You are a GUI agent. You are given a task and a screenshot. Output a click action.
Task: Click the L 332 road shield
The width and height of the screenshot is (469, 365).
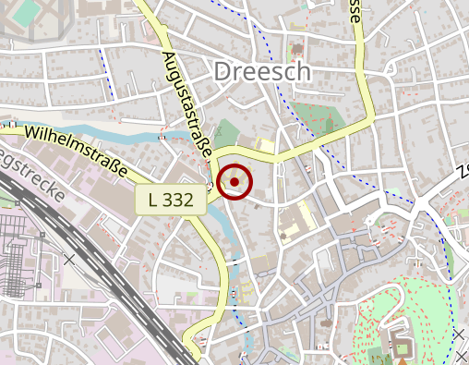click(170, 200)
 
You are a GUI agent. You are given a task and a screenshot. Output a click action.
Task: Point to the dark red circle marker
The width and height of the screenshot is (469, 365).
click(234, 182)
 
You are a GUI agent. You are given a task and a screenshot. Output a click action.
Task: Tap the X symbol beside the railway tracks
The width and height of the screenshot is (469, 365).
click(68, 259)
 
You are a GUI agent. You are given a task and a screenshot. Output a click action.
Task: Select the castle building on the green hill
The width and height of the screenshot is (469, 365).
click(403, 349)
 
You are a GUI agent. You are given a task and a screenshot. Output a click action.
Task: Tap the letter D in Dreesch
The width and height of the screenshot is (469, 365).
click(223, 71)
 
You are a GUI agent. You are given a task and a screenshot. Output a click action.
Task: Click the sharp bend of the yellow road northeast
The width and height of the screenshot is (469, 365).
click(369, 121)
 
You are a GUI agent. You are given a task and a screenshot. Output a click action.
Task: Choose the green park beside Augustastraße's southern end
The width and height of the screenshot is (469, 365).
click(226, 134)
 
